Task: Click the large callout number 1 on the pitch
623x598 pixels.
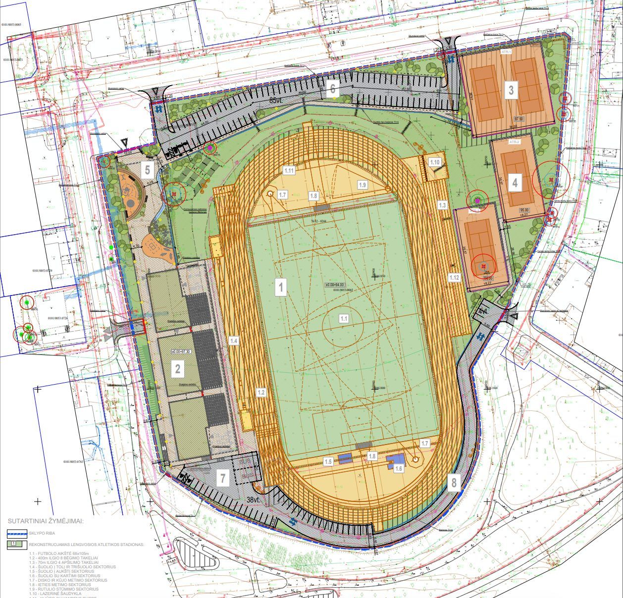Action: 281,287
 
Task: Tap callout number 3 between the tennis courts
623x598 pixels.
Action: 511,90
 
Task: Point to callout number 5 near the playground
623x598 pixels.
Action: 147,170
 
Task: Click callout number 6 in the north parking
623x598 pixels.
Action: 332,89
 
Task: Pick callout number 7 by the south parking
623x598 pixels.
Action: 223,478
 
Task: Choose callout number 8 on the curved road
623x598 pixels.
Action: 453,482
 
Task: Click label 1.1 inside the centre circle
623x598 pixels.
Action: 344,319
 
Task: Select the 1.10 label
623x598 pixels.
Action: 435,162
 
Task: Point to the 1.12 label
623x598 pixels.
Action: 454,278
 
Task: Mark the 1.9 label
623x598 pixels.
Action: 363,185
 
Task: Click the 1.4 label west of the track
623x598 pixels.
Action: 234,341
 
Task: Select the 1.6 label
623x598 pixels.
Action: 399,467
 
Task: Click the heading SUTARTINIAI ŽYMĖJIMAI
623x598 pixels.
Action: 45,521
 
